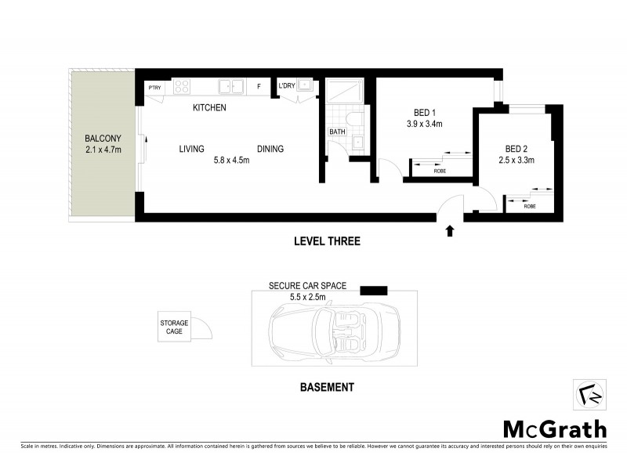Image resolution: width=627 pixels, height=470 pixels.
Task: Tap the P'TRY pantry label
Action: (154, 87)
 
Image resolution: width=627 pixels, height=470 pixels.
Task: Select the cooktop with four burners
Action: (182, 86)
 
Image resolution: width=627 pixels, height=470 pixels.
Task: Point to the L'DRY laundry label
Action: (286, 87)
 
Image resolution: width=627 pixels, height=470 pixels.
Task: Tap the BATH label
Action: (337, 132)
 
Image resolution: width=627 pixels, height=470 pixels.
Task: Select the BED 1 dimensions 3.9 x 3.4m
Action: (424, 124)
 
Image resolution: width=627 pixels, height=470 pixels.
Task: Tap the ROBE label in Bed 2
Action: (530, 206)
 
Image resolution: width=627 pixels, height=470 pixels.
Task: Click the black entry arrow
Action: (450, 231)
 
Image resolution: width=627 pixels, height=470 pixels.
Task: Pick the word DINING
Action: (270, 149)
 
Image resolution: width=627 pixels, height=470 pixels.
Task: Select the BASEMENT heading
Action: (328, 387)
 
